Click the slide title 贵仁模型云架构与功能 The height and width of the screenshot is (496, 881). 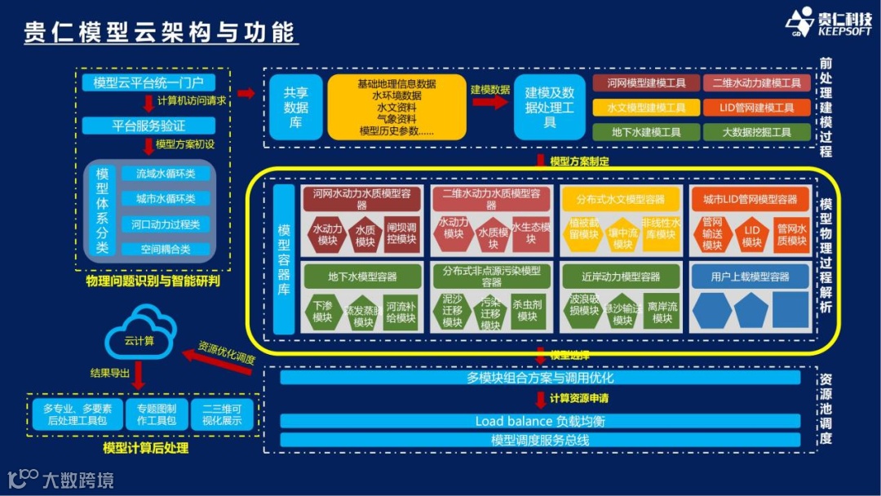point(159,31)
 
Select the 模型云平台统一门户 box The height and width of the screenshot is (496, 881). point(148,82)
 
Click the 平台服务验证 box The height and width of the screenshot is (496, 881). point(148,126)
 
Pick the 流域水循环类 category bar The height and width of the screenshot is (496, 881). point(166,174)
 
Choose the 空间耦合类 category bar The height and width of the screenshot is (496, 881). point(166,249)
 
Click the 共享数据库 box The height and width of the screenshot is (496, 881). point(295,108)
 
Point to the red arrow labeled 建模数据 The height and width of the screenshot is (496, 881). point(489,101)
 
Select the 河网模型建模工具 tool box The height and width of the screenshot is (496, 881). point(646,83)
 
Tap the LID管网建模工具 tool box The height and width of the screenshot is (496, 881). point(757,108)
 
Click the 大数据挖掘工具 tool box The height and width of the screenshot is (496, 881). point(757,132)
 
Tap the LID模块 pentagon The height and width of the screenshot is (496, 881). point(751,233)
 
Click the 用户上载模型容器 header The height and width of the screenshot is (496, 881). point(750,277)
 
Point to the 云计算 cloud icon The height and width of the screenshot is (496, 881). point(139,334)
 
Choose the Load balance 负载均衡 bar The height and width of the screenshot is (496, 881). point(540,421)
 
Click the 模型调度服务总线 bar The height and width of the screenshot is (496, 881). point(540,441)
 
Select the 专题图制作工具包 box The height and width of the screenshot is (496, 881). point(157,414)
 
